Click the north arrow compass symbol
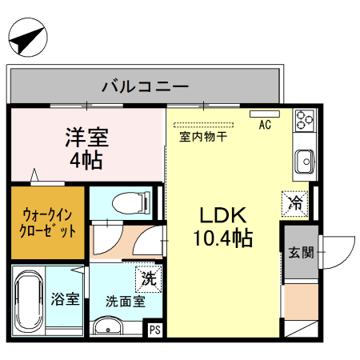pos(26,39)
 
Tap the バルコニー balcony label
pos(145,86)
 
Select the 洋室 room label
pos(86,136)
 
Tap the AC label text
pos(265,126)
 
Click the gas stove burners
pos(304,119)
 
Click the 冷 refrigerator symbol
pos(295,203)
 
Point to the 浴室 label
pos(66,300)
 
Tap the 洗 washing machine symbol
pos(148,279)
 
